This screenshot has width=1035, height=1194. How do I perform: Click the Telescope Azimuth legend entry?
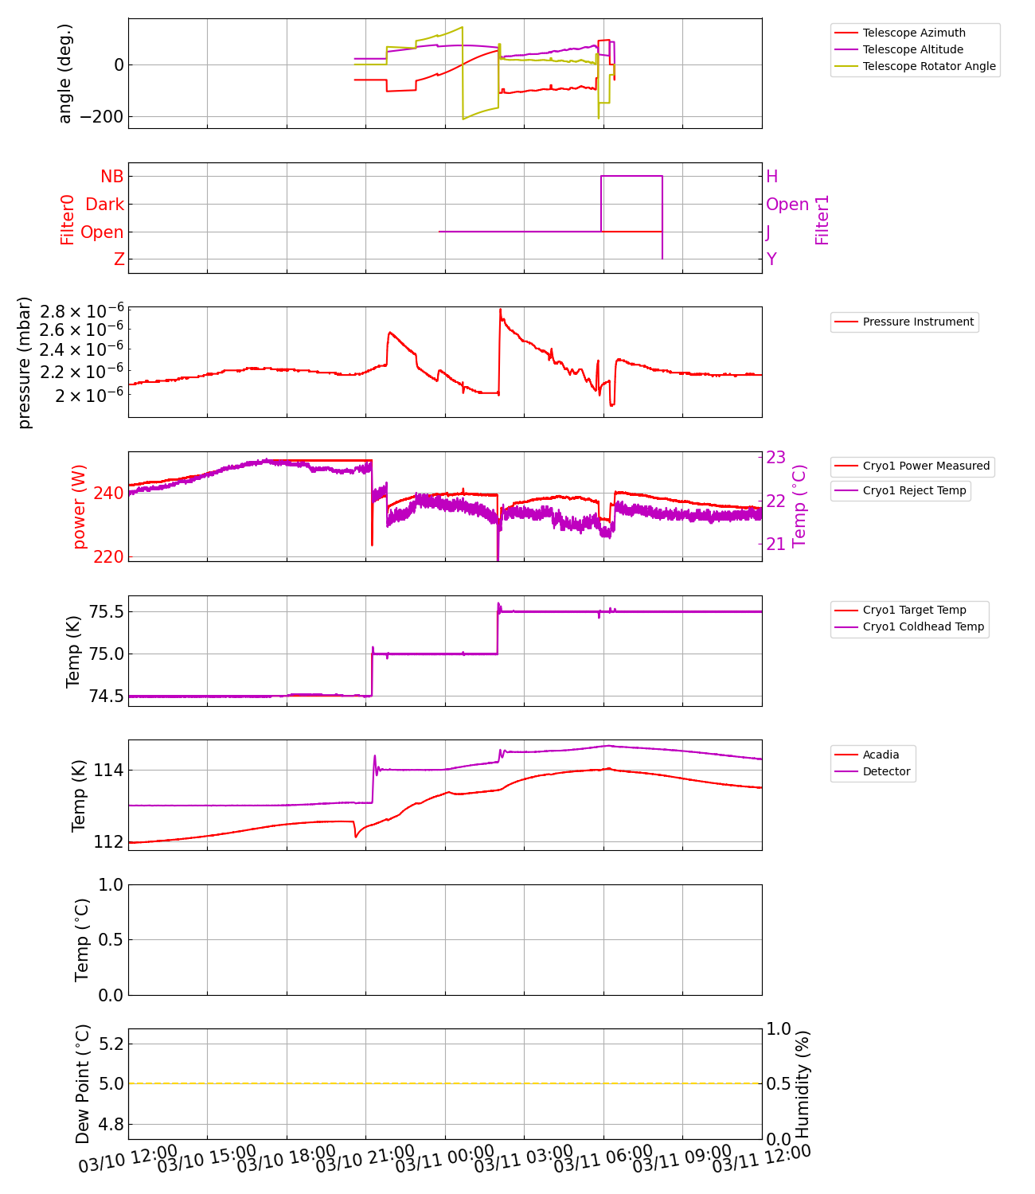click(x=913, y=33)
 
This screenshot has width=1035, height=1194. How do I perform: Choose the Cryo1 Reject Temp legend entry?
click(x=913, y=490)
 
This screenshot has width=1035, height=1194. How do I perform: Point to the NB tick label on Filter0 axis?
click(x=111, y=176)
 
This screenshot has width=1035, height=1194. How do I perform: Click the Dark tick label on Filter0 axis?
click(x=104, y=204)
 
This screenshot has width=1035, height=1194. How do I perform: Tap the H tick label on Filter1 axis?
click(x=771, y=176)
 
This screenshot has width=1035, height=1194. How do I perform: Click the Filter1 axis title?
click(x=822, y=219)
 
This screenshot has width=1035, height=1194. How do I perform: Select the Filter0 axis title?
click(x=67, y=219)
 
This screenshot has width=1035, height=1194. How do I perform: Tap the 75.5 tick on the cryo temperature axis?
click(x=106, y=611)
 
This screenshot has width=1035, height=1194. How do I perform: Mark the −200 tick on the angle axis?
click(x=101, y=116)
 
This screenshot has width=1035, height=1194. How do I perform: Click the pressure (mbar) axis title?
click(x=25, y=362)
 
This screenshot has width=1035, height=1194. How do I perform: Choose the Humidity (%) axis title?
click(x=802, y=1083)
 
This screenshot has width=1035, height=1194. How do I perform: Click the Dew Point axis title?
click(x=83, y=1083)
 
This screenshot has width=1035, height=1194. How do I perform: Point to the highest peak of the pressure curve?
click(x=500, y=310)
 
